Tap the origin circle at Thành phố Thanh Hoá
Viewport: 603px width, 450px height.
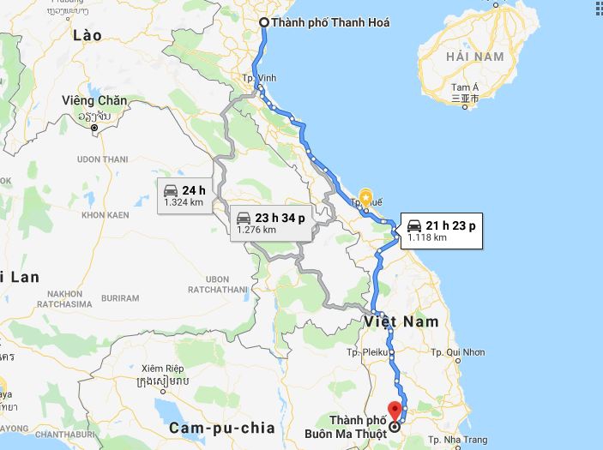click(263, 23)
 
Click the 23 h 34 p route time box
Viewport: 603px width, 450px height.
click(270, 222)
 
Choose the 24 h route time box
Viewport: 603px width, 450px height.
click(184, 195)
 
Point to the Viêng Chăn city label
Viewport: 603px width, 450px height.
click(94, 101)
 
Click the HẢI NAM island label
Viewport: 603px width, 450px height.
click(475, 56)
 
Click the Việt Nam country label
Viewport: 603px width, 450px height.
click(400, 321)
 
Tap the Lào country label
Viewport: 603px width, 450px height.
click(87, 35)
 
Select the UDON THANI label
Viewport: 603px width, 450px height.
click(102, 159)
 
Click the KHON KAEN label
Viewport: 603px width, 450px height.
click(105, 214)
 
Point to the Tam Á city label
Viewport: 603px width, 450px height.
click(464, 87)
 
